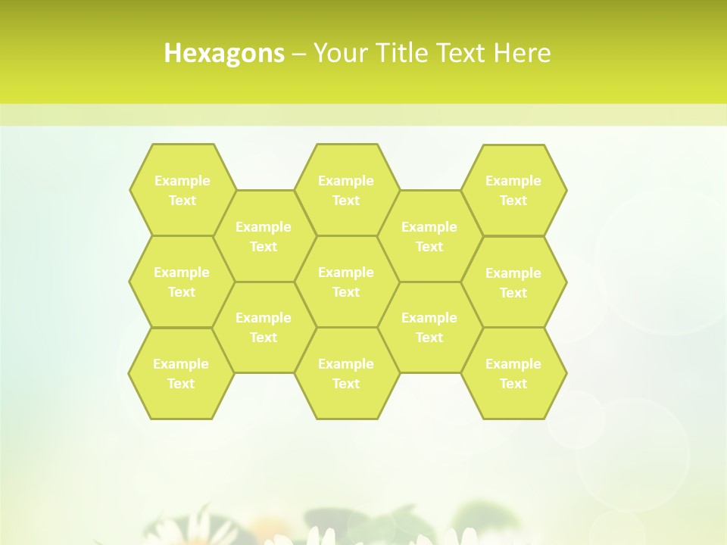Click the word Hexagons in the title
tap(224, 53)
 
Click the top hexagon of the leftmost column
tap(182, 190)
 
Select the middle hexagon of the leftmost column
tap(182, 282)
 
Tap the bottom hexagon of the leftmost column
tap(181, 373)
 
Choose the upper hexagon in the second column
tap(264, 236)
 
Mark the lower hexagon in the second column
tap(264, 327)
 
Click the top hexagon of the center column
tap(346, 190)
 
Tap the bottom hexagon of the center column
tap(346, 373)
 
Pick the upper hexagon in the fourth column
tap(429, 236)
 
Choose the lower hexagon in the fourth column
tap(429, 327)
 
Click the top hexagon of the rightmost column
tap(513, 190)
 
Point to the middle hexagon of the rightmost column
tap(513, 282)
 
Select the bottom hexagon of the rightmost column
tap(513, 373)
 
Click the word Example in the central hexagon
tap(346, 272)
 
